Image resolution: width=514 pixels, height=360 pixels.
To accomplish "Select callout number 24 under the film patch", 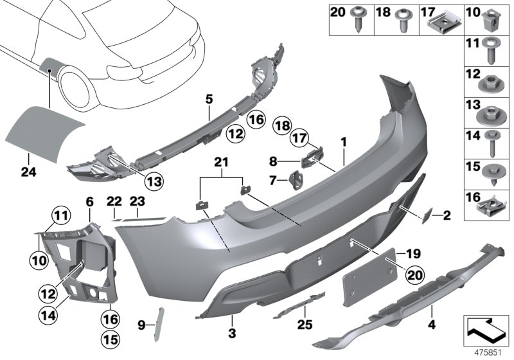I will (27, 172).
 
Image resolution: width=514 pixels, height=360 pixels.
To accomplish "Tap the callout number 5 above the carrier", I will (209, 98).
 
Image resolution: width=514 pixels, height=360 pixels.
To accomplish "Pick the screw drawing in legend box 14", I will (497, 142).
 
